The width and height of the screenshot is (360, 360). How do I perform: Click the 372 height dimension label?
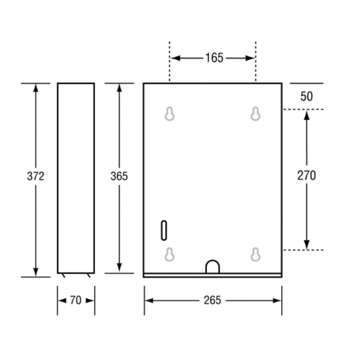point(36,176)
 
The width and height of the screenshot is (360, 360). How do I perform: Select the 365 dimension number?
point(119,176)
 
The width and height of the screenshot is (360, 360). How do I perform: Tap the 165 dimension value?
point(214,58)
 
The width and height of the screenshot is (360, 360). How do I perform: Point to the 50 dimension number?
point(306,96)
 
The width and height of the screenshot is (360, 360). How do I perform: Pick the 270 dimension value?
point(306,175)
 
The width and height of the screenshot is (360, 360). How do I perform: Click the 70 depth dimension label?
point(76,300)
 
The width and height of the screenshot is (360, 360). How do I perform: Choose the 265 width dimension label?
point(212,300)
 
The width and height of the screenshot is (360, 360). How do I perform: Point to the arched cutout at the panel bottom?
point(212,261)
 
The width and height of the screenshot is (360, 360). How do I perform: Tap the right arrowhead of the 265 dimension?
point(277,301)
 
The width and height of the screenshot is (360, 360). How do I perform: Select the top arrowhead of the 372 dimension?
point(36,88)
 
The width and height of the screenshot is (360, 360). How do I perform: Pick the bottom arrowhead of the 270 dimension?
point(307,245)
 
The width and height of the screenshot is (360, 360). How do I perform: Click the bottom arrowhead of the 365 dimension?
point(119,267)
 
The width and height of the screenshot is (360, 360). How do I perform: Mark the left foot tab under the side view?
point(63,275)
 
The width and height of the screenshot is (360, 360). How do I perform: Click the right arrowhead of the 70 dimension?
point(90,301)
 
